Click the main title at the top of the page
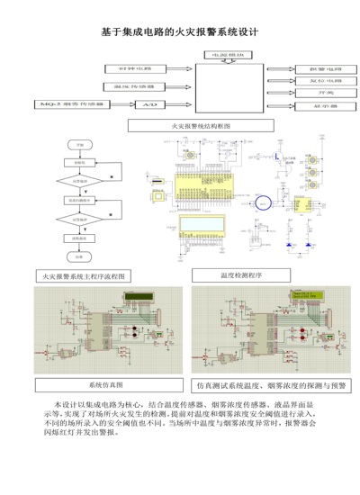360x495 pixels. (x=180, y=31)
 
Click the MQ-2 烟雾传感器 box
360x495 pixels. (x=67, y=105)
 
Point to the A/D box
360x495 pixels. (x=151, y=105)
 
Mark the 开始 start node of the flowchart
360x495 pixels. (x=80, y=144)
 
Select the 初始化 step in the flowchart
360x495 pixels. (x=80, y=163)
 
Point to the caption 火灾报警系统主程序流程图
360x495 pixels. (x=88, y=275)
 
